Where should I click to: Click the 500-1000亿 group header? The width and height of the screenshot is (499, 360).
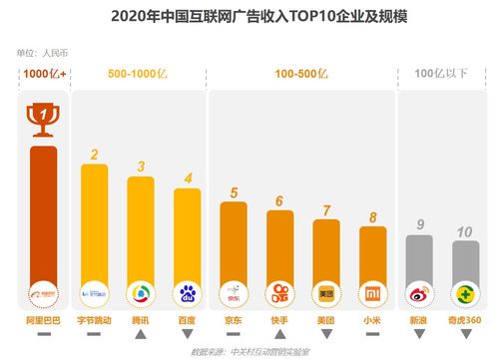click(139, 74)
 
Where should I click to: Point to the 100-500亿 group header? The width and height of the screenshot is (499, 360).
click(303, 74)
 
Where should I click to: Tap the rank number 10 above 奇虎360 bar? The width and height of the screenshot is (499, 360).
click(465, 231)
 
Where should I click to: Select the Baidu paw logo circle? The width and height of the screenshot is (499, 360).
click(187, 294)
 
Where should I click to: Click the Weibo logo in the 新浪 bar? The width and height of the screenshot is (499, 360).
click(419, 294)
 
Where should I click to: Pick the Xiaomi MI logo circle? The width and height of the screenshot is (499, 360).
click(372, 294)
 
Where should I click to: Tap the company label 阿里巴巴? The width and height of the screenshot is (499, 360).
click(42, 321)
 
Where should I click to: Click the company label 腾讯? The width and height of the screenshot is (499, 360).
click(141, 321)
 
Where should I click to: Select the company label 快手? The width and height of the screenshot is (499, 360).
click(279, 321)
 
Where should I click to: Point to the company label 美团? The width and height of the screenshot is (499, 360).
click(325, 321)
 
